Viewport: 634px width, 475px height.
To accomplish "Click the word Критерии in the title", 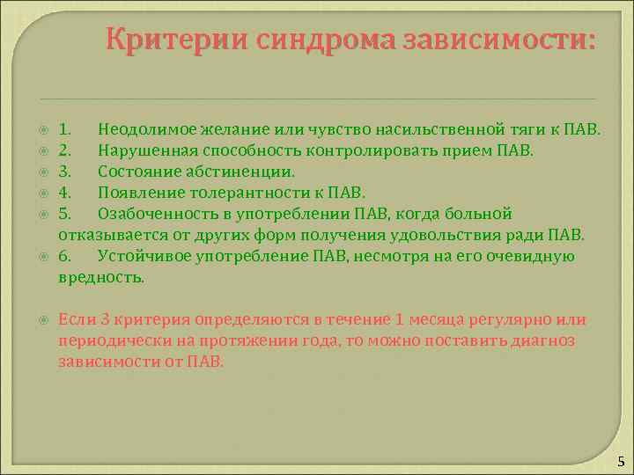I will click(x=176, y=40).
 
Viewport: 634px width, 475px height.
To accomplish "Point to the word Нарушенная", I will click(x=141, y=151).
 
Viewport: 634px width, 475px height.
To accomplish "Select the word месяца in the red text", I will click(x=434, y=319).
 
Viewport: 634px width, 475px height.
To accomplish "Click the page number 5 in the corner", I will click(x=621, y=462).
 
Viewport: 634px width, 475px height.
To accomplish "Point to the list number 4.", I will click(x=63, y=193).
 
